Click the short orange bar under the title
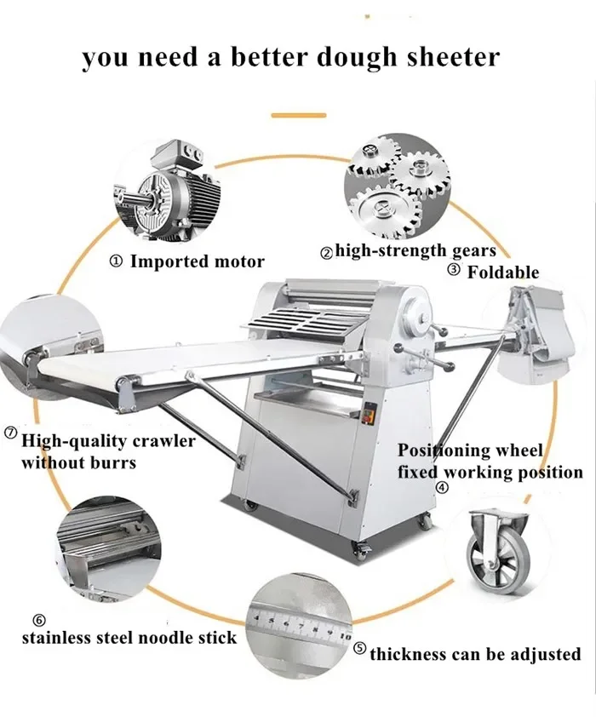298,114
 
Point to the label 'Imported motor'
197,262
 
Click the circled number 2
326,252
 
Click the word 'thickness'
408,655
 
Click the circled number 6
39,620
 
